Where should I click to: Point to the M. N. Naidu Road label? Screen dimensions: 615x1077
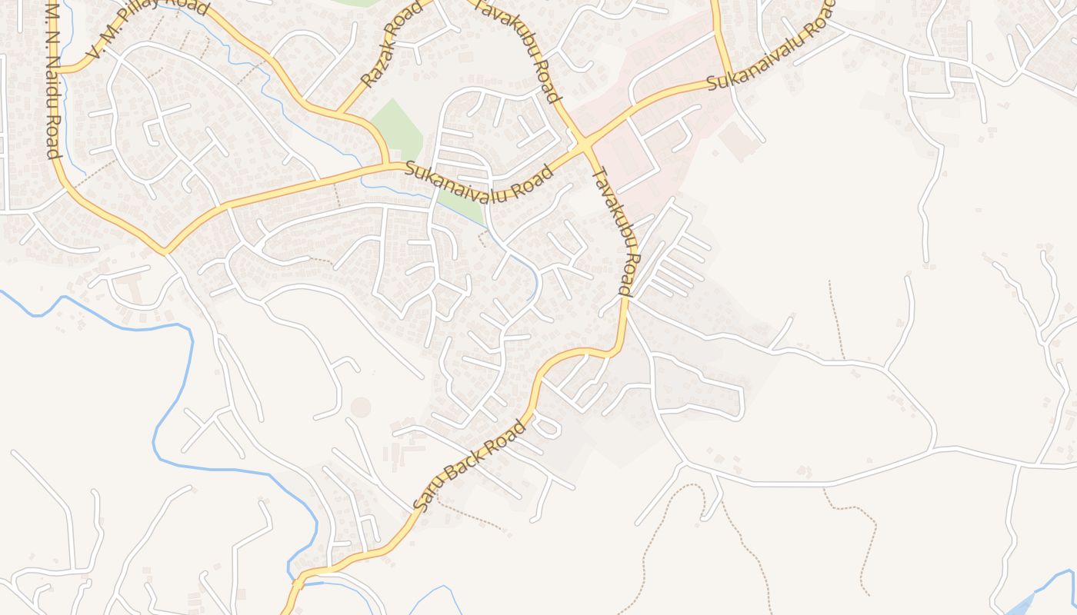pos(52,81)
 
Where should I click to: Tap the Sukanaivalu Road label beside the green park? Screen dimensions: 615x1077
pos(478,181)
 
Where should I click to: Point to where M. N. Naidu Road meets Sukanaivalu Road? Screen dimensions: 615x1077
pos(164,251)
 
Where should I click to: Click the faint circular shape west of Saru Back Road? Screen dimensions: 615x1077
pos(360,407)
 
